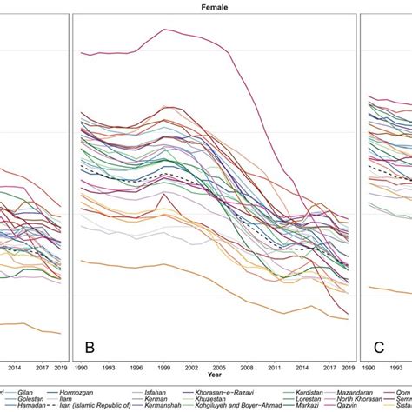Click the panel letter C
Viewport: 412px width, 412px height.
coord(379,349)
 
